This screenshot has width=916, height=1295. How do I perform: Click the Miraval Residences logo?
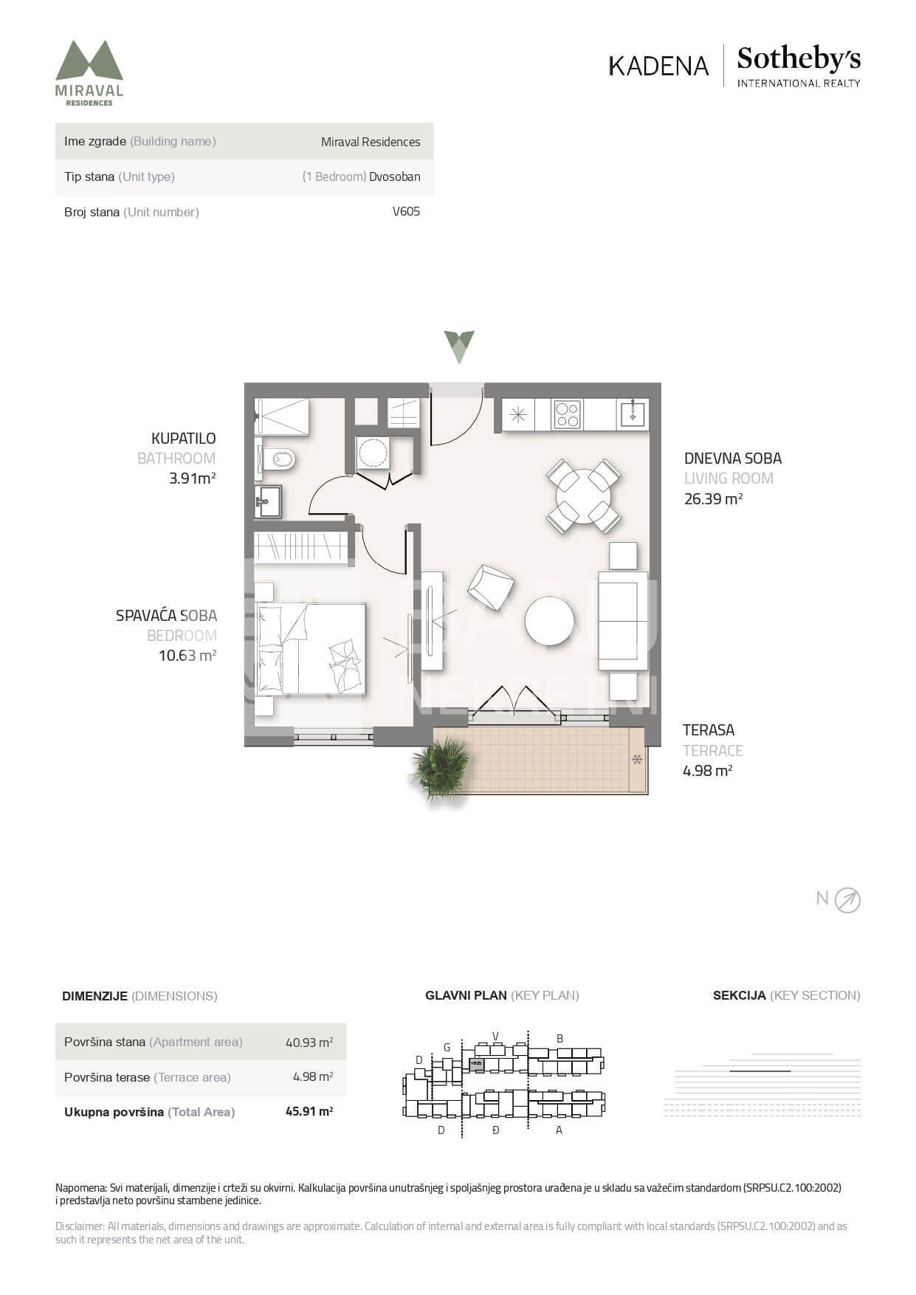pos(89,73)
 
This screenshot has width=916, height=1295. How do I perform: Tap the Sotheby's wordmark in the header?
pos(799,58)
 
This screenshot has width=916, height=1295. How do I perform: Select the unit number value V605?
pos(406,211)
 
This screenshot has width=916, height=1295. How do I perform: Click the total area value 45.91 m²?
pos(309,1111)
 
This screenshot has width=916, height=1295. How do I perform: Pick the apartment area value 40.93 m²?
pos(309,1042)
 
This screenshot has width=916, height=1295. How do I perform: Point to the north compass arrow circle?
pos(847,900)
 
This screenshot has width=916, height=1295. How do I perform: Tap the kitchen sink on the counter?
pos(633,413)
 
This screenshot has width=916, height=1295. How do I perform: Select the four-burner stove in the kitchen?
pos(567,414)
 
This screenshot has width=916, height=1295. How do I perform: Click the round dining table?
pos(583,496)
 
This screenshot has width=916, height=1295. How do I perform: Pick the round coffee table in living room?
pos(549,621)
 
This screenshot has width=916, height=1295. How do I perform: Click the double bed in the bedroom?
pos(311,649)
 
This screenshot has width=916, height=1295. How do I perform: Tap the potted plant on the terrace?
pos(441,769)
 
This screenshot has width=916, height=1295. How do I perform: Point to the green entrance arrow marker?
pos(458,346)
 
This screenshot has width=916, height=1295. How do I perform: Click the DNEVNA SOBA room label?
pos(732,458)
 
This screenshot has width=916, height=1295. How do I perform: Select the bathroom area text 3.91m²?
pos(192,478)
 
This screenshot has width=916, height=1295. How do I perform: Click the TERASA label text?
pos(708,730)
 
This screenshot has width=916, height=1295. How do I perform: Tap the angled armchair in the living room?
pos(490,587)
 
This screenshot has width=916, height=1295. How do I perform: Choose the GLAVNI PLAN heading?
pos(466,995)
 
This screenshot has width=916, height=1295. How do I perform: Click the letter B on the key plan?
pos(559,1038)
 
